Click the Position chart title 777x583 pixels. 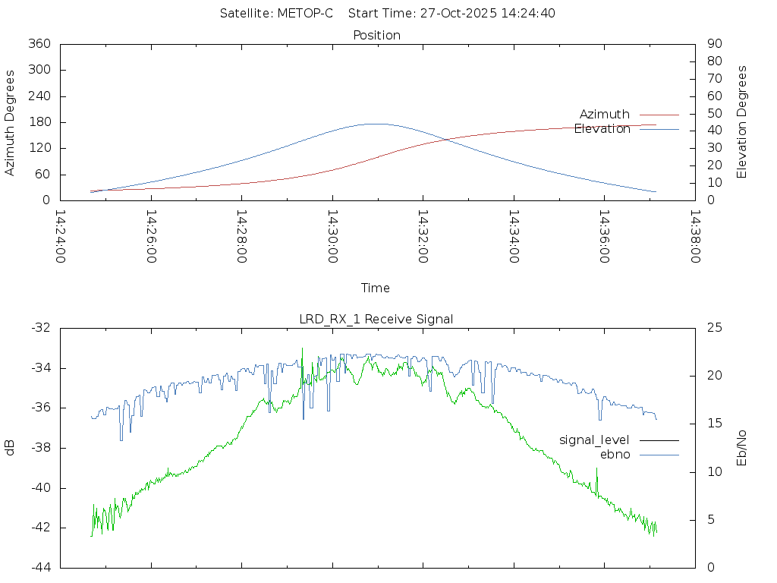377,35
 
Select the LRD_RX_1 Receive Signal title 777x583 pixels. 376,319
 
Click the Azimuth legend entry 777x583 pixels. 605,115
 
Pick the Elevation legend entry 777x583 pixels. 602,129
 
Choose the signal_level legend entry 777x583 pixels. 595,440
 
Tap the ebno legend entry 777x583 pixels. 615,455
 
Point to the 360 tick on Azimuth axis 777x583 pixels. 39,44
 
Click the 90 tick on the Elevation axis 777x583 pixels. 713,44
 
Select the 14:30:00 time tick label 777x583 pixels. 332,236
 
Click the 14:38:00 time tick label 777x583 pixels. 694,236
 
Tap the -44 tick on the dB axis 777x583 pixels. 41,567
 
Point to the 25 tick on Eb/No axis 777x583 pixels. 714,327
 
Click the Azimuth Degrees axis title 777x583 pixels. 11,122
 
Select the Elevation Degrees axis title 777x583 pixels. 742,122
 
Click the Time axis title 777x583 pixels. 376,288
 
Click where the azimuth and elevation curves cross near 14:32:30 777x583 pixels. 444,140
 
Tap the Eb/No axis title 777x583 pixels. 742,448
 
